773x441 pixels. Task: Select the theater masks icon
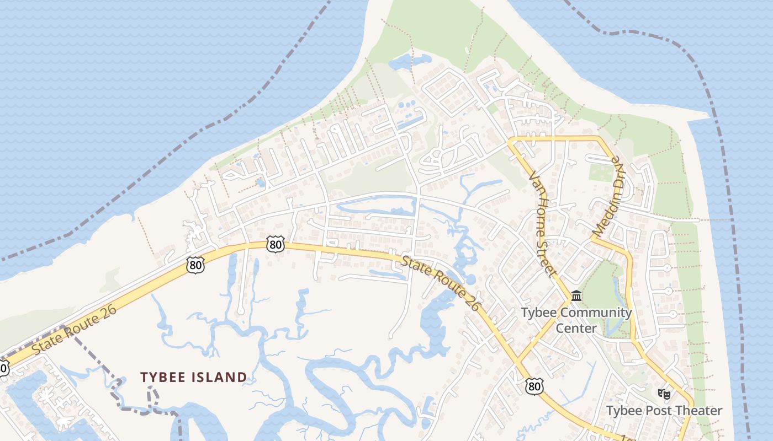click(664, 394)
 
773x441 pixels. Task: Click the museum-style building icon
click(576, 296)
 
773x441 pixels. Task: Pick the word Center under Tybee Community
click(576, 329)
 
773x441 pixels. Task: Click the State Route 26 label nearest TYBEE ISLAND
click(74, 331)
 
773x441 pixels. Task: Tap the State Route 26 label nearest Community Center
click(440, 283)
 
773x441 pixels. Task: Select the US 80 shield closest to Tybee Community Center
click(534, 386)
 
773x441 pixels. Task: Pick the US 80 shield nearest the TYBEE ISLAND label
click(195, 265)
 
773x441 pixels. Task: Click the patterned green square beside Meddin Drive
click(601, 172)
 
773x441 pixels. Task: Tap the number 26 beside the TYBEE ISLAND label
click(108, 310)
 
